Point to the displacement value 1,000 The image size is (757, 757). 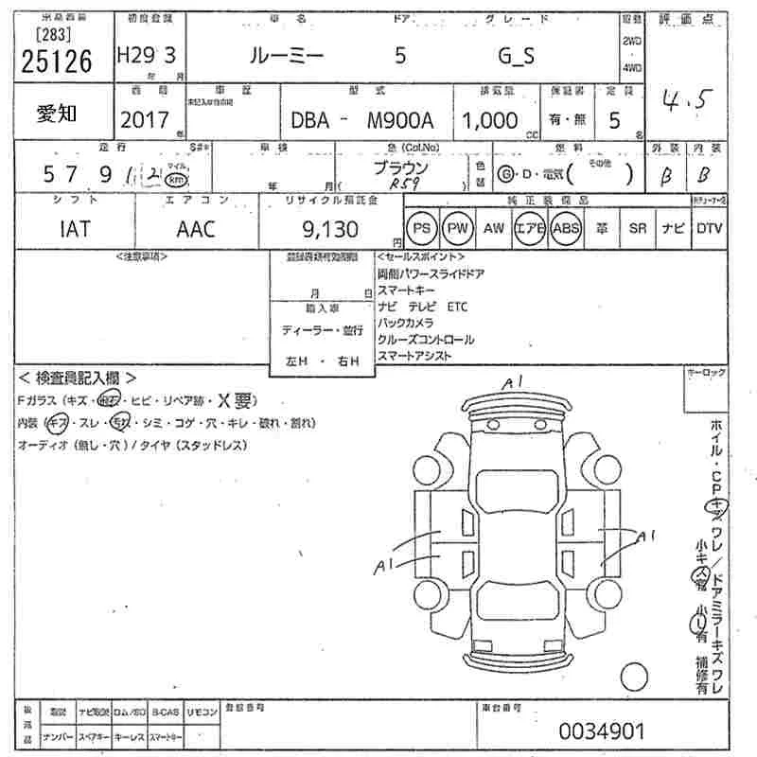490,120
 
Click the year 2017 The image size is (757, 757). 146,120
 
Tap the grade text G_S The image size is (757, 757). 516,56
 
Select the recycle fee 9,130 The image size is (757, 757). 330,229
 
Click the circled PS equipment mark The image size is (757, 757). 423,229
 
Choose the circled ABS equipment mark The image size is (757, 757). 566,229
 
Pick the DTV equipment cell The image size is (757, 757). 708,229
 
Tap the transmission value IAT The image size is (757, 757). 75,229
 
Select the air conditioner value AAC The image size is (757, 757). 196,229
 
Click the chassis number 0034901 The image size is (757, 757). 602,731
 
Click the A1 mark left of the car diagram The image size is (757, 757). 383,567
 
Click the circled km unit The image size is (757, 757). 175,180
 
